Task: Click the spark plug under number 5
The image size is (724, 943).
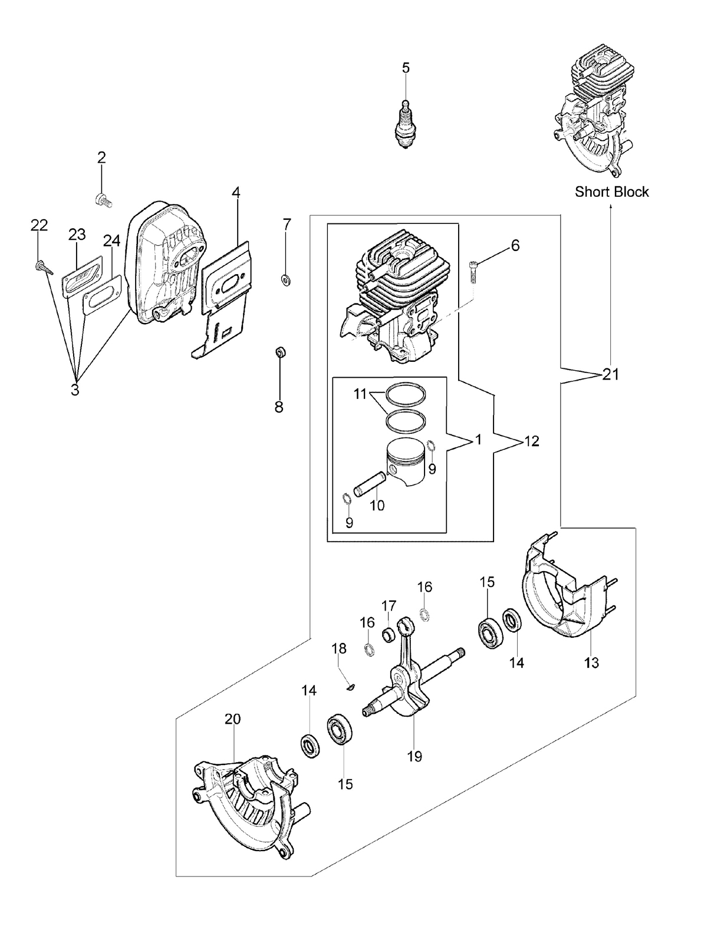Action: (405, 124)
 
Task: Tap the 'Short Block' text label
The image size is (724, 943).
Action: (611, 192)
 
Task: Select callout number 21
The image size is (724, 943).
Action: (610, 374)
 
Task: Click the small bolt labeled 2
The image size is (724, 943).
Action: (103, 200)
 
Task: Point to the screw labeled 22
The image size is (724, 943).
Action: (44, 268)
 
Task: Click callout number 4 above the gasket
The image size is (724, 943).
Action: (236, 193)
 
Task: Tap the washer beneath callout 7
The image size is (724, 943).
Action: (286, 280)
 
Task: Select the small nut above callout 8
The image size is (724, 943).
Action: (281, 352)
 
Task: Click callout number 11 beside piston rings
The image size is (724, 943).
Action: (360, 394)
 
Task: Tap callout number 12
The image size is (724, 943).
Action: (532, 441)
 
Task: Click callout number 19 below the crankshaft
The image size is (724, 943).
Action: (414, 756)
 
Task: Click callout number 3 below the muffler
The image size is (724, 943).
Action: (75, 390)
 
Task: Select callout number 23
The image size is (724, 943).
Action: (77, 235)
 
